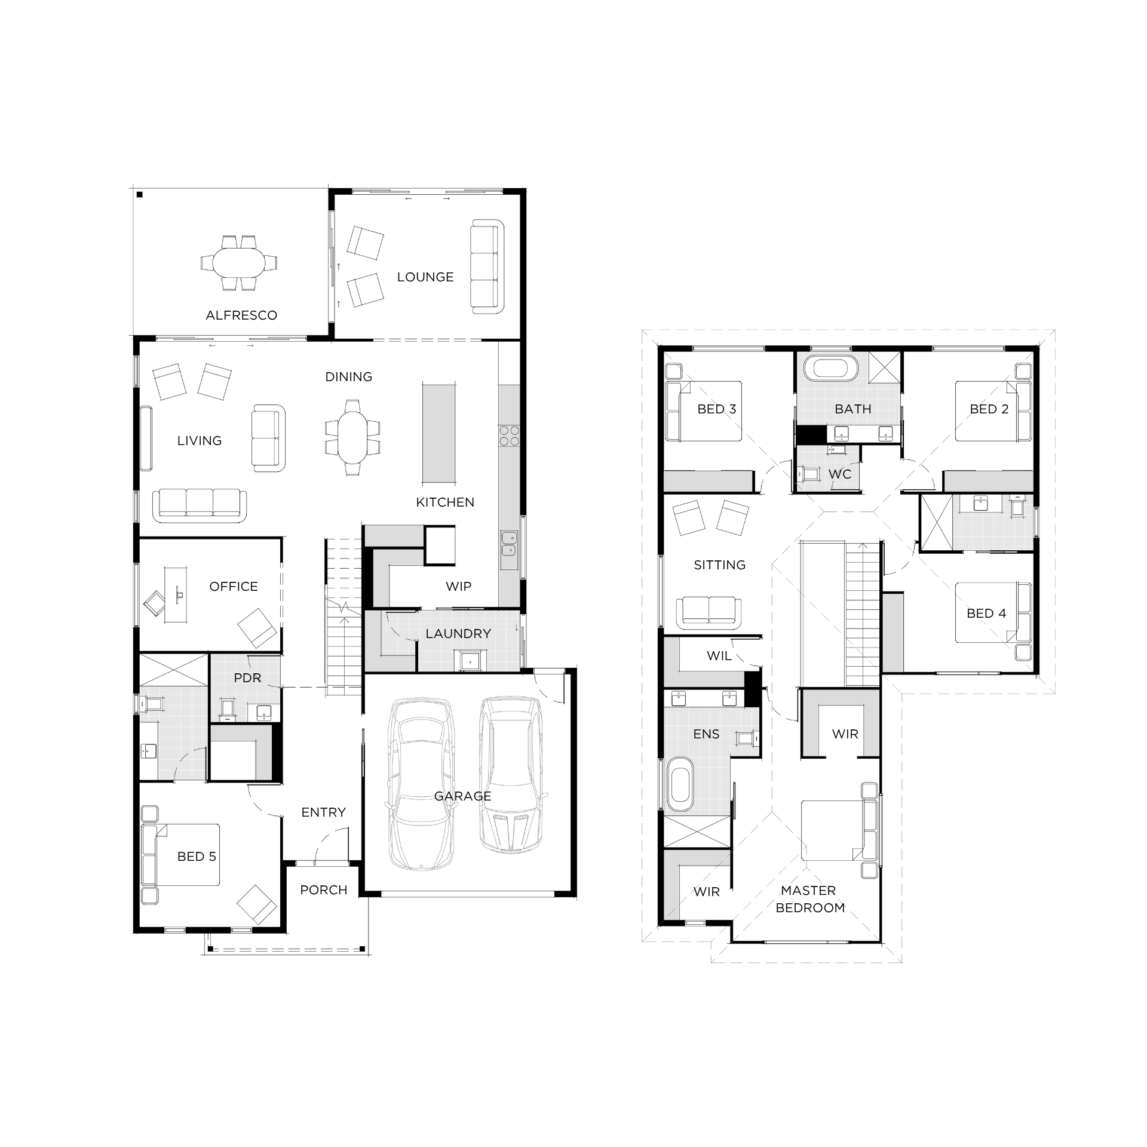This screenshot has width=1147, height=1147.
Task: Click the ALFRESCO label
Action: coord(241,315)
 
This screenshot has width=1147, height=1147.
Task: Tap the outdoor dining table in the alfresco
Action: coord(239,263)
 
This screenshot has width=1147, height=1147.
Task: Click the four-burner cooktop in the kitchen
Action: coord(509,436)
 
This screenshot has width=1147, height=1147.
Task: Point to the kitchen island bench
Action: coord(439,433)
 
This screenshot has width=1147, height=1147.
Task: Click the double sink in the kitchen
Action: coord(510,543)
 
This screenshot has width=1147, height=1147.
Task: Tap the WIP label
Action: coord(458,587)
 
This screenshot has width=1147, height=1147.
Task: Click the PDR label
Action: coord(247,678)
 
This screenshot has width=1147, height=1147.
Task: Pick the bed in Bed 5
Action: coord(181,855)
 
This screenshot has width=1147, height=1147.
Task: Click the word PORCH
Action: coord(324,890)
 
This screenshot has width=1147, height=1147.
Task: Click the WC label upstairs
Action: coord(839,474)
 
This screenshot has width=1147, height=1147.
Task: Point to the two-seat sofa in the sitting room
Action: coord(709,611)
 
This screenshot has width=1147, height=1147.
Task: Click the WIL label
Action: coord(719,656)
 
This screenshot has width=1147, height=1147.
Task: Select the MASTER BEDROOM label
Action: coord(809,899)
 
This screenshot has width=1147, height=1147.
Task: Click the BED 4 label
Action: coord(986,614)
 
